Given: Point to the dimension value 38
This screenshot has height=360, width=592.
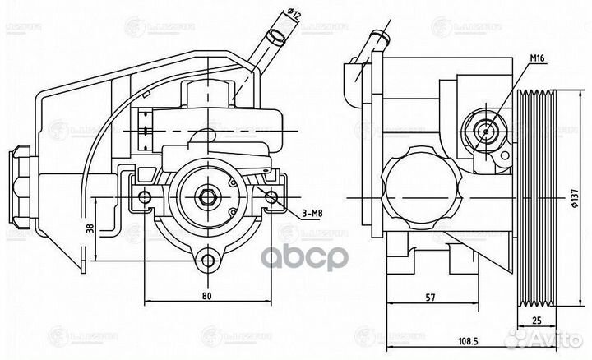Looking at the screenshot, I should click(x=90, y=233).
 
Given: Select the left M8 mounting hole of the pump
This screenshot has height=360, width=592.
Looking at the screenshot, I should click(x=145, y=196).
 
